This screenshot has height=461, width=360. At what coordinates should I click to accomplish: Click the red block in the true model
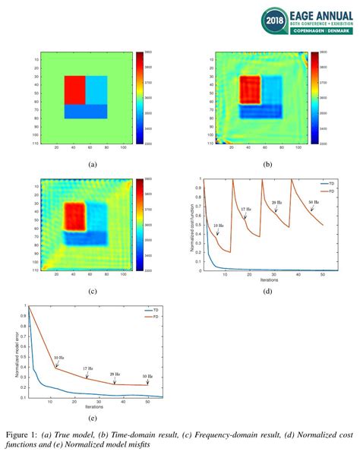[74, 90]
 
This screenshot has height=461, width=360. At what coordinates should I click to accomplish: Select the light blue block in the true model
[97, 90]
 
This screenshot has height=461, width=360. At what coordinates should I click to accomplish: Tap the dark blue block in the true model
[86, 112]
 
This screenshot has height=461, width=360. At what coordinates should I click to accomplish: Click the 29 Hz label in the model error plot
[115, 374]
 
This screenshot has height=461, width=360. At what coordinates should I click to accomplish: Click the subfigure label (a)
[92, 164]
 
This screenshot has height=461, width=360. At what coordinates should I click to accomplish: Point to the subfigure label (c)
[92, 290]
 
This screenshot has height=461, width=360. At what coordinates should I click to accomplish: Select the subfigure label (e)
[92, 415]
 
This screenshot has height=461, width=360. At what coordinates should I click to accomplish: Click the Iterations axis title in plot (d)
[266, 279]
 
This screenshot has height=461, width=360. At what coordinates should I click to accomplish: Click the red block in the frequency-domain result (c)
[74, 216]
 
